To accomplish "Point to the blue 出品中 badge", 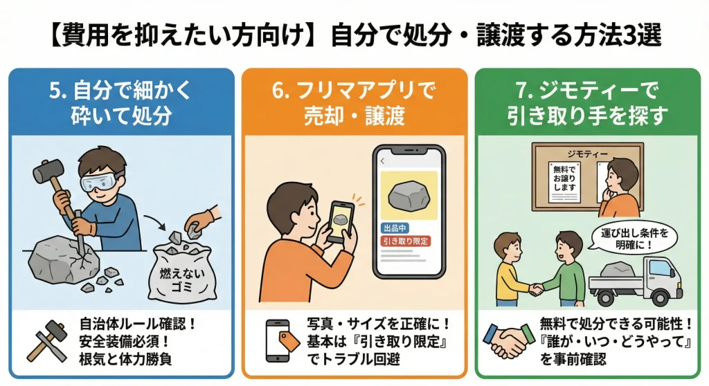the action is pyautogui.click(x=395, y=228).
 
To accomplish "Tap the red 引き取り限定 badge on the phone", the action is pyautogui.click(x=405, y=241).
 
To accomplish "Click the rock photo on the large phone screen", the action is pyautogui.click(x=409, y=195).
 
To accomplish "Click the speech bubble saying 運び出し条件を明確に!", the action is pyautogui.click(x=634, y=238).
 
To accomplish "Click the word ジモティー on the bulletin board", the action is pyautogui.click(x=588, y=154).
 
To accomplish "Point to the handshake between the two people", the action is pyautogui.click(x=537, y=288).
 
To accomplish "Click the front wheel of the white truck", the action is pyautogui.click(x=661, y=297).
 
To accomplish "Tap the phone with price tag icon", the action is pyautogui.click(x=282, y=341).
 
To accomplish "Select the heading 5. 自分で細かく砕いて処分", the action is pyautogui.click(x=121, y=102).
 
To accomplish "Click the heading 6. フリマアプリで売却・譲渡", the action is pyautogui.click(x=354, y=102).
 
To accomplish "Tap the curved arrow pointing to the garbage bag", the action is pyautogui.click(x=156, y=221).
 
